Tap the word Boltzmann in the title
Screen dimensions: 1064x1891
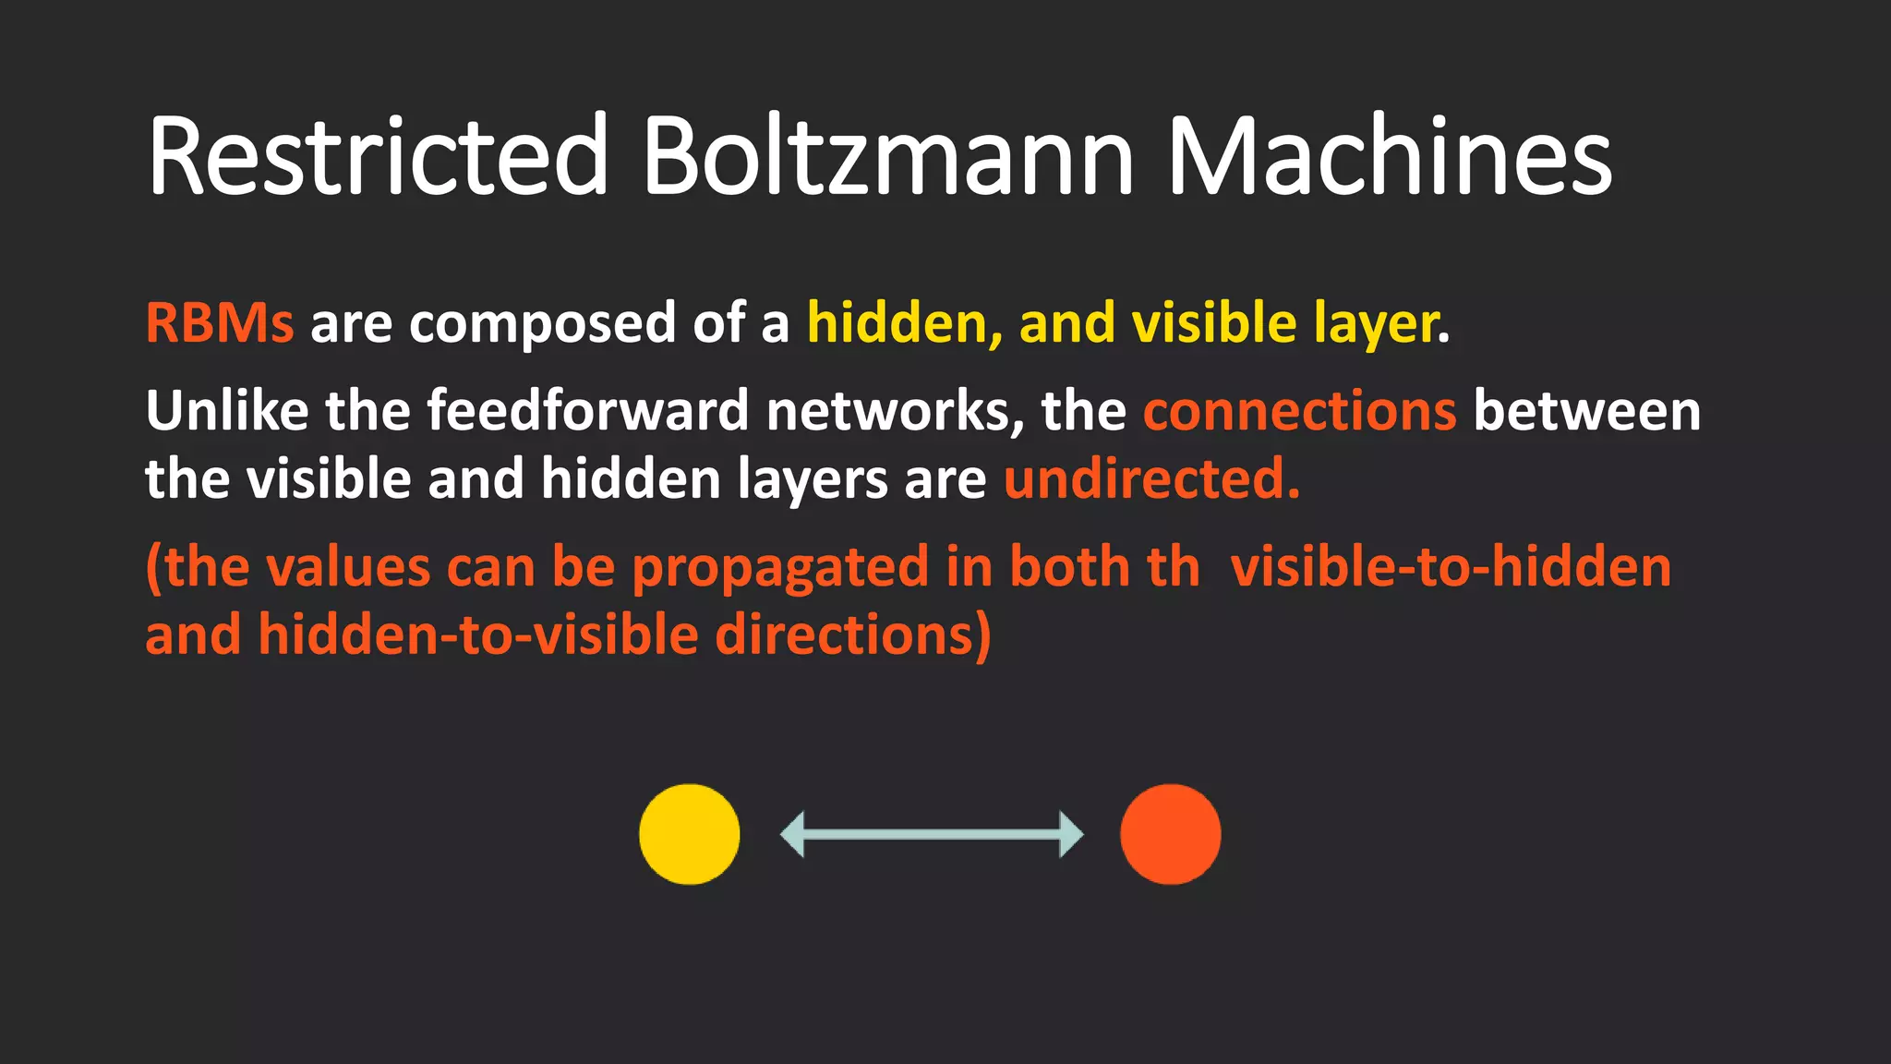point(887,155)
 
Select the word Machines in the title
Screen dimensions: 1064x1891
point(1390,155)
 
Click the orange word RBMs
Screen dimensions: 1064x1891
point(220,323)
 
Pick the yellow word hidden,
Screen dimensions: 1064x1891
point(905,323)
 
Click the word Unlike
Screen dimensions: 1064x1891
point(227,410)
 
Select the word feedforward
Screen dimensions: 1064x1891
point(588,410)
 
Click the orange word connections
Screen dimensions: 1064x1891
point(1300,412)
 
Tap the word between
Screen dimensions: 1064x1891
point(1586,410)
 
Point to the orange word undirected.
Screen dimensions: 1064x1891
point(1151,478)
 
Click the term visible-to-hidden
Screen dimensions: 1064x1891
point(1451,567)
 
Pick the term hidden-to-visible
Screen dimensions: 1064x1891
point(478,635)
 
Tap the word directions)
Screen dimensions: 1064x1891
point(853,635)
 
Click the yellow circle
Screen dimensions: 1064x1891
point(690,834)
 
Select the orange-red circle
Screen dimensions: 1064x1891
point(1170,834)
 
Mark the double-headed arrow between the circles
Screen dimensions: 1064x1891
point(932,834)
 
